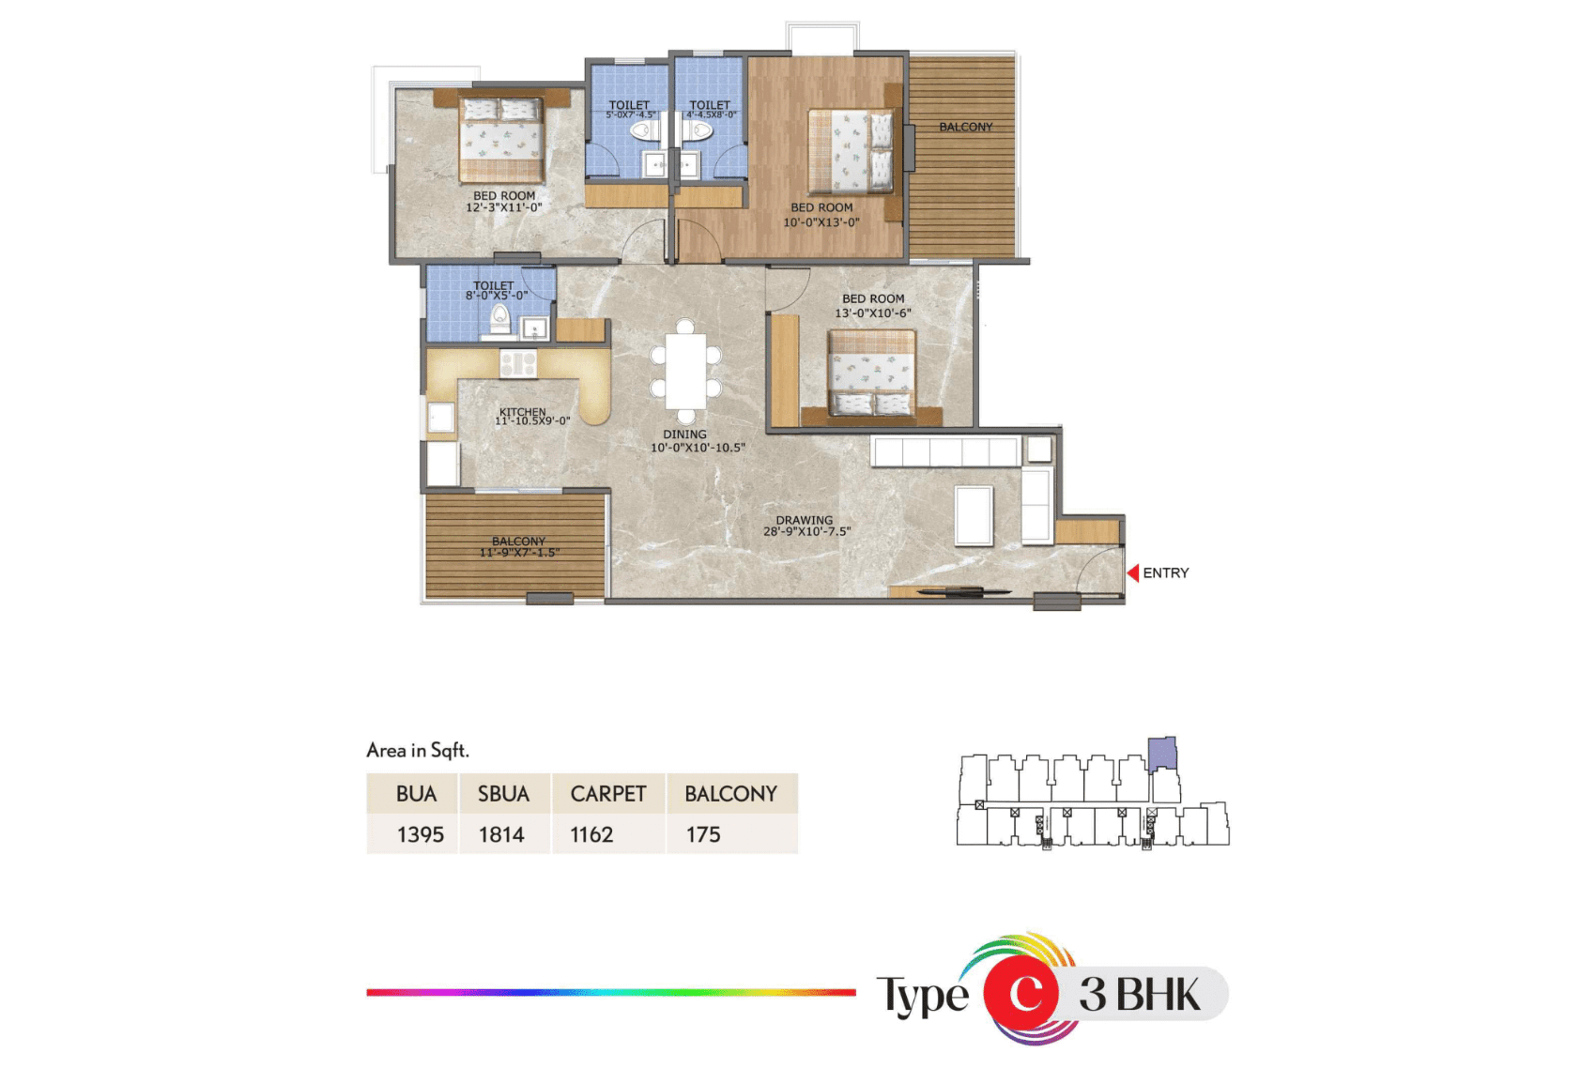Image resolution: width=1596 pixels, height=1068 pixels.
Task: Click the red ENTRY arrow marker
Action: point(1133,572)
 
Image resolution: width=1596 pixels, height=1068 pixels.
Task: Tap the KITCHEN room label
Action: point(522,412)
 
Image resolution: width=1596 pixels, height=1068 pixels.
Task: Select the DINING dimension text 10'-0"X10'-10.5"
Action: point(698,449)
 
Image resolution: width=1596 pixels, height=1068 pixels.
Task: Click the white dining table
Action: point(685,372)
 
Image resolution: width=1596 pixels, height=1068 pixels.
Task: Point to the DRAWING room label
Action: point(805,520)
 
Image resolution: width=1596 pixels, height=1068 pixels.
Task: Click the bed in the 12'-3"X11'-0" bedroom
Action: point(501,139)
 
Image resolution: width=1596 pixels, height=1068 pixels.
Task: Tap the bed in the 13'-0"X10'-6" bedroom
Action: point(871,373)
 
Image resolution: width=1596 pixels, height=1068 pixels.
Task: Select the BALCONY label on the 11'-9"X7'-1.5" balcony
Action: point(518,541)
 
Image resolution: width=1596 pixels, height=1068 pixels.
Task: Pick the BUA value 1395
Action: point(421,834)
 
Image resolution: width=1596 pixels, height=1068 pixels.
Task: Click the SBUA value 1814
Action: point(501,834)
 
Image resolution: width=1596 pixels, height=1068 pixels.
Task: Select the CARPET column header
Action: point(607,794)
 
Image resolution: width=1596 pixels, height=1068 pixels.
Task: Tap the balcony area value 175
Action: point(703,834)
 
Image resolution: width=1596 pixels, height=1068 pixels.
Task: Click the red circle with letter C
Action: point(1021,993)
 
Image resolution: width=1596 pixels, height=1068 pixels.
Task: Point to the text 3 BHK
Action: point(1140,995)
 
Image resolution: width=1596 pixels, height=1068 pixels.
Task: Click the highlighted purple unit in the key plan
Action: point(1162,754)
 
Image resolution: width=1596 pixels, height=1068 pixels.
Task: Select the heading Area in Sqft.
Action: point(418,750)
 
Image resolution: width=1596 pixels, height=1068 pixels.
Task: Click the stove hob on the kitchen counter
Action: point(518,363)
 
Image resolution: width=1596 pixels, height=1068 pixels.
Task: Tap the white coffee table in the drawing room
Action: point(974,516)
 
